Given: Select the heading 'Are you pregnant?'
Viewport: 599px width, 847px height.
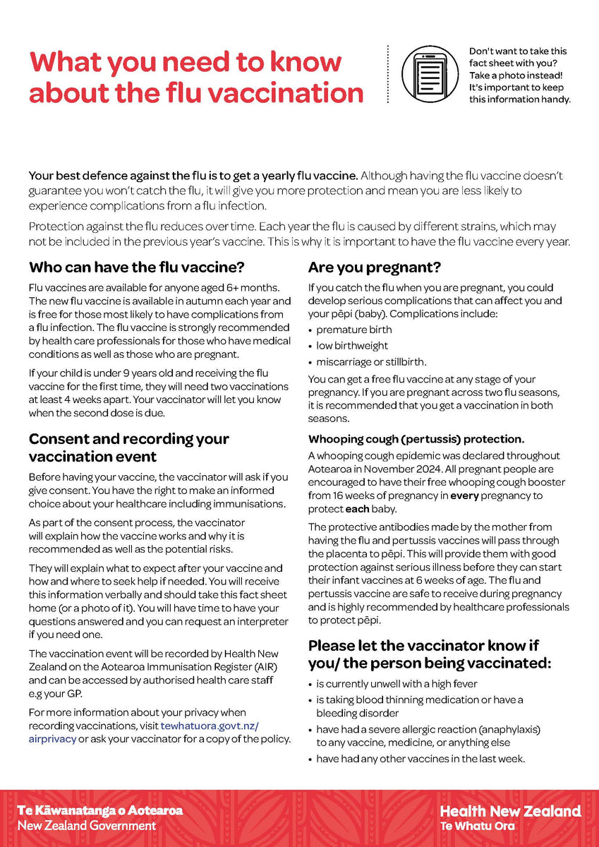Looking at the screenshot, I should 375,268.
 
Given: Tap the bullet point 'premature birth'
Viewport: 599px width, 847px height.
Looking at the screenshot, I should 353,330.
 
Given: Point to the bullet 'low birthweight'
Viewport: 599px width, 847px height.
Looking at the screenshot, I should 352,346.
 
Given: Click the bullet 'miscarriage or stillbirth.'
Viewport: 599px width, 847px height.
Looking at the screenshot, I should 371,362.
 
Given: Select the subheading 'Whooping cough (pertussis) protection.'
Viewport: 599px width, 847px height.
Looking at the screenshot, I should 415,439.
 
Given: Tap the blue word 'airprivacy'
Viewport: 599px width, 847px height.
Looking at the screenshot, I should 52,739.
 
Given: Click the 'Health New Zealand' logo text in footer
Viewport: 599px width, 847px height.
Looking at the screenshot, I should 510,810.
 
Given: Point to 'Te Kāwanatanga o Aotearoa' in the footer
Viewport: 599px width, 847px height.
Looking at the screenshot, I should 99,810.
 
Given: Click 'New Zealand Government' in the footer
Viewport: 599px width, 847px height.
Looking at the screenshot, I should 87,825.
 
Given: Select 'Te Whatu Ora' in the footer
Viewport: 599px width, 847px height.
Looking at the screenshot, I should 478,825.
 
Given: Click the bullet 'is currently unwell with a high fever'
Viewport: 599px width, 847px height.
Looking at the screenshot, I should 397,683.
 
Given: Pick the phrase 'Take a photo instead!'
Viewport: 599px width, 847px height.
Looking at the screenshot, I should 515,75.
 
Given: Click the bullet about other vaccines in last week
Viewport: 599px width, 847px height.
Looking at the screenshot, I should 420,759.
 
